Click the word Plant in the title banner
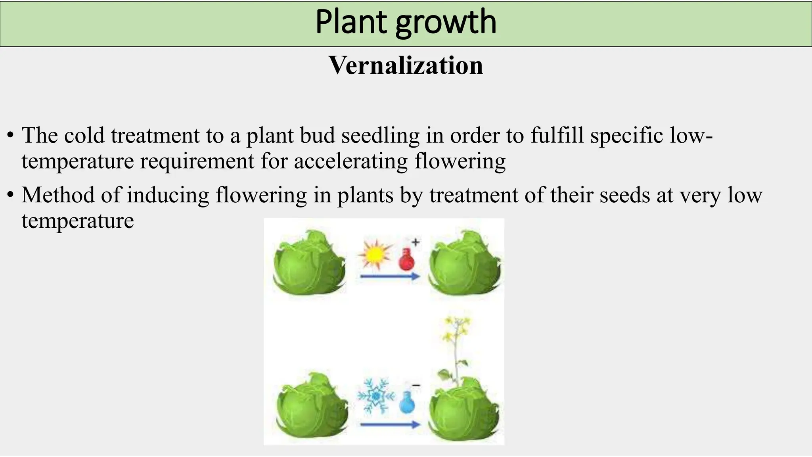point(350,22)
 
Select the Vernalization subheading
point(406,65)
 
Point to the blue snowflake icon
point(375,396)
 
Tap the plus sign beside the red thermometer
point(416,241)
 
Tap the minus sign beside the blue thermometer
point(416,385)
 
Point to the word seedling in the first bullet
point(380,136)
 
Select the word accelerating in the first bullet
point(351,161)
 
